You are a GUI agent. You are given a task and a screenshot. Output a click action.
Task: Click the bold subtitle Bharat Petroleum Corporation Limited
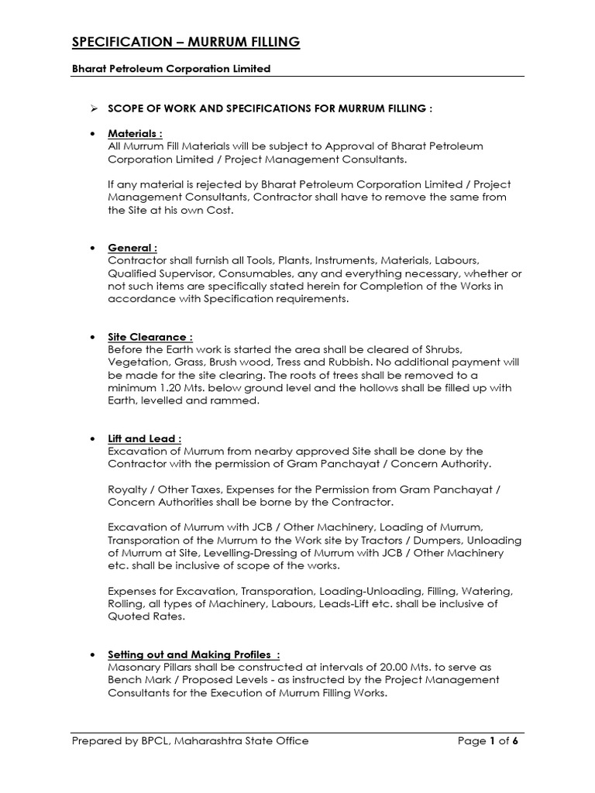[x=171, y=69]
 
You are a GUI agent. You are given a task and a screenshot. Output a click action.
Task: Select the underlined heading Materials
[x=135, y=134]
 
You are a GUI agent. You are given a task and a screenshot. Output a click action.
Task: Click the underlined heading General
[x=132, y=248]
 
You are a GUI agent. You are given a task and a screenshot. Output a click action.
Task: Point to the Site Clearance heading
[x=150, y=338]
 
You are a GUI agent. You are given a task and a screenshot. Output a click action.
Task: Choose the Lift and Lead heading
[x=145, y=438]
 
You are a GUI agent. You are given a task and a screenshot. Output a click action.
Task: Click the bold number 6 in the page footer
[x=515, y=741]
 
